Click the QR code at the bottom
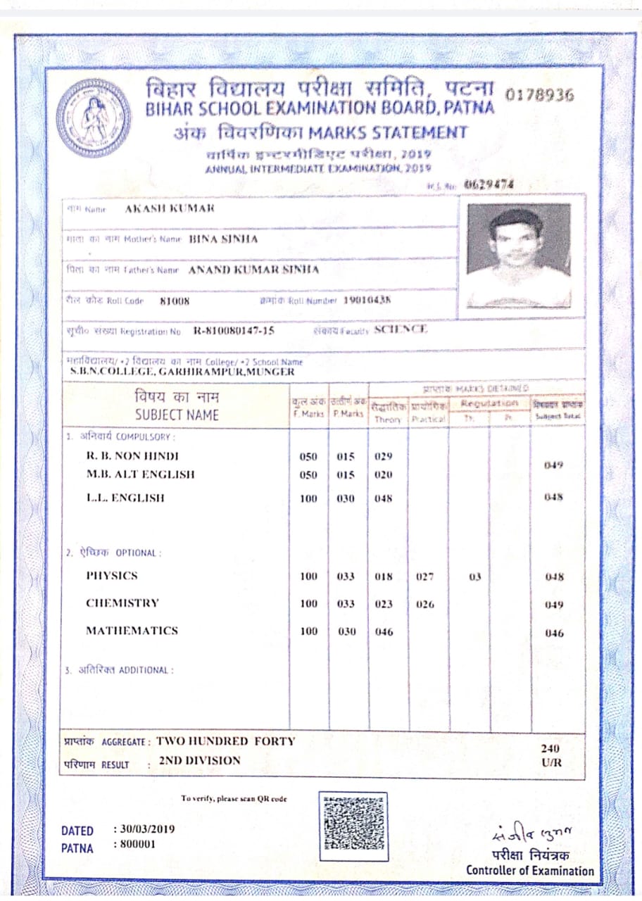[x=354, y=826]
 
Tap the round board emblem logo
[x=94, y=117]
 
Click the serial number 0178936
[x=540, y=95]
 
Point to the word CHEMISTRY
[x=122, y=603]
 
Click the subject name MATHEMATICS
[x=132, y=631]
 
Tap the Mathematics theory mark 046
[x=384, y=632]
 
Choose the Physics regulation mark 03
[x=474, y=576]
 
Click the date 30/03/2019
[x=144, y=829]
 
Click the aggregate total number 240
[x=550, y=749]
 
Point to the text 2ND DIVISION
[x=200, y=760]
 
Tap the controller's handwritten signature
[x=532, y=836]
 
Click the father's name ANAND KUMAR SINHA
[x=254, y=270]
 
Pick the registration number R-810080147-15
[x=234, y=330]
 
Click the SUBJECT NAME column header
[x=177, y=415]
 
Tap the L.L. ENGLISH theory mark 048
[x=384, y=498]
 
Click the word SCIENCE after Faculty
[x=401, y=329]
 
